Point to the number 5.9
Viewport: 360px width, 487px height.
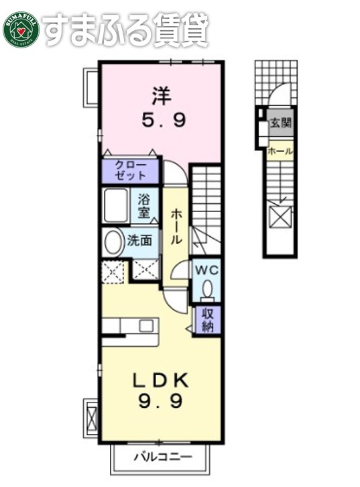tap(162, 122)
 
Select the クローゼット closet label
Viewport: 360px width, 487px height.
tap(130, 170)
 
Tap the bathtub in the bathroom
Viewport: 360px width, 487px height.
tap(119, 205)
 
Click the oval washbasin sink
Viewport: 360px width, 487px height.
tap(114, 241)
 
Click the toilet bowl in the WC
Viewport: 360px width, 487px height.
tap(206, 288)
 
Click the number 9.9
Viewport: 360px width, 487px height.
tap(161, 402)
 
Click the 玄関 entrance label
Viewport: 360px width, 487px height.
tap(280, 123)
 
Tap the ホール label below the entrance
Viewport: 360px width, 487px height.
tap(280, 152)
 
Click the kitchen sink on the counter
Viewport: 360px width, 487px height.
tap(146, 325)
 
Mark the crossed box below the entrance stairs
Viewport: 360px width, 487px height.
tap(278, 219)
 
